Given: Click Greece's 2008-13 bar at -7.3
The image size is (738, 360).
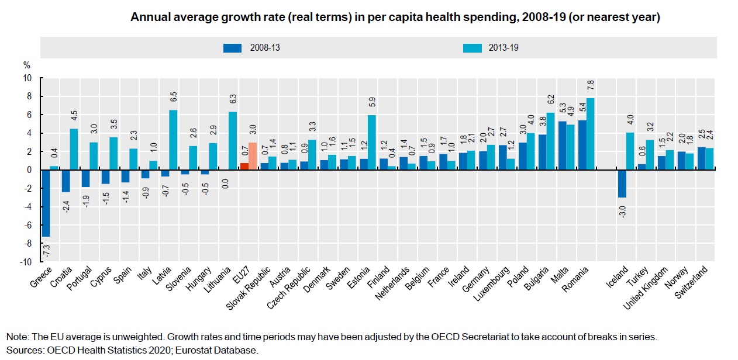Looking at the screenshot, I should [46, 203].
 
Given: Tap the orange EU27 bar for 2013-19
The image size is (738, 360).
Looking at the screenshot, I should [253, 156].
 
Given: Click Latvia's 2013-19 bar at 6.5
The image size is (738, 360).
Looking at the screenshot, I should [173, 140].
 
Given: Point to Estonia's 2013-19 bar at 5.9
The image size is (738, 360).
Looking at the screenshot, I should [371, 143].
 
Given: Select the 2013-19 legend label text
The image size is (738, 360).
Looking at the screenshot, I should [504, 47].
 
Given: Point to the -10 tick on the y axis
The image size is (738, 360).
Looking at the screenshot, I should [27, 262].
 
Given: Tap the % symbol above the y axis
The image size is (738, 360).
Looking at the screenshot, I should [26, 65].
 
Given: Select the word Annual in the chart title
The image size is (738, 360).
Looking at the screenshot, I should [147, 18].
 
